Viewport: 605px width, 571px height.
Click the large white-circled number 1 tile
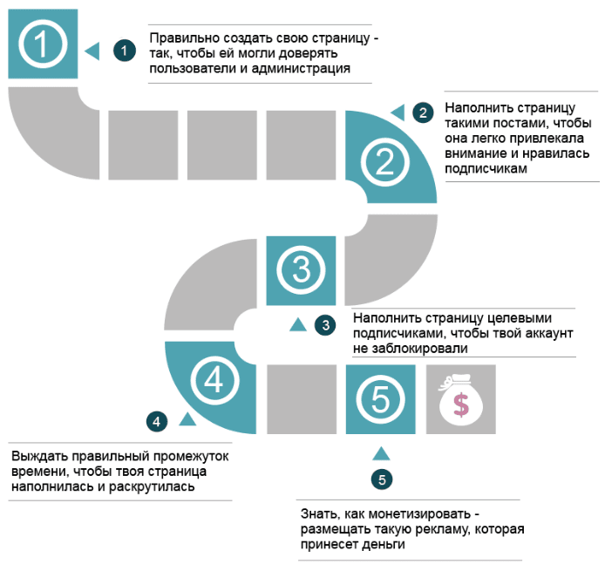tap(43, 44)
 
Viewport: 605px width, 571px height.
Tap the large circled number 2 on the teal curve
tap(384, 162)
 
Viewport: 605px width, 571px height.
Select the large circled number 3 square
tap(301, 270)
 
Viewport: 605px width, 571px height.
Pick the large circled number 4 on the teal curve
tap(214, 380)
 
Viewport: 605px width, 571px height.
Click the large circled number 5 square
tap(380, 399)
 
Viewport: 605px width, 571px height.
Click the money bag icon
tap(460, 399)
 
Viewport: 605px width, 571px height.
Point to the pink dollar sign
tap(461, 404)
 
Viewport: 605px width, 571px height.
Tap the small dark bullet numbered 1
tap(125, 51)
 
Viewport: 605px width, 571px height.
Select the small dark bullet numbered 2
tap(423, 112)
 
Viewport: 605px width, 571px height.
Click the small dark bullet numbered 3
tap(325, 325)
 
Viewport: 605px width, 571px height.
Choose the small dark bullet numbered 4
tap(157, 421)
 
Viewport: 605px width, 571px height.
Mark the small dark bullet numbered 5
tap(382, 479)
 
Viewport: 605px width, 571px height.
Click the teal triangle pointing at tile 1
tap(92, 51)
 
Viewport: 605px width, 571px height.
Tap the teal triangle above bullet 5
tap(381, 453)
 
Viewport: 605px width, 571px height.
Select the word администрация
tap(301, 69)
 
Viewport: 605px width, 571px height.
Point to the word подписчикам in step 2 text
tap(486, 168)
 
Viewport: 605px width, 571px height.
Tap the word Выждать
tap(40, 456)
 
